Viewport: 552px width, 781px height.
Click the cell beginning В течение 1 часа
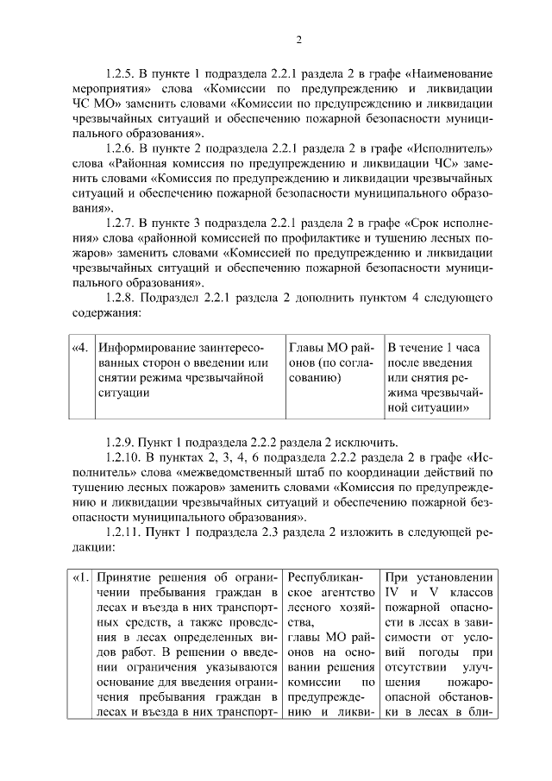[435, 376]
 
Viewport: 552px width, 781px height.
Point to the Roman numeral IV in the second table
[393, 594]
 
